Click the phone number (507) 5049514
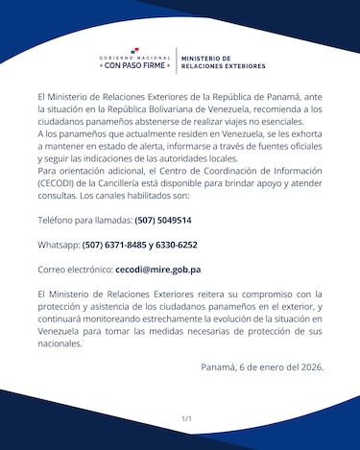tap(163, 220)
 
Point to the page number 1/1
tap(186, 419)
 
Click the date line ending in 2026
tap(262, 366)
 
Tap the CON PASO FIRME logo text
tap(134, 67)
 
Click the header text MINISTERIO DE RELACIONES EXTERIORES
tap(223, 63)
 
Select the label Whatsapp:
tap(59, 245)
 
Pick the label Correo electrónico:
tap(75, 270)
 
